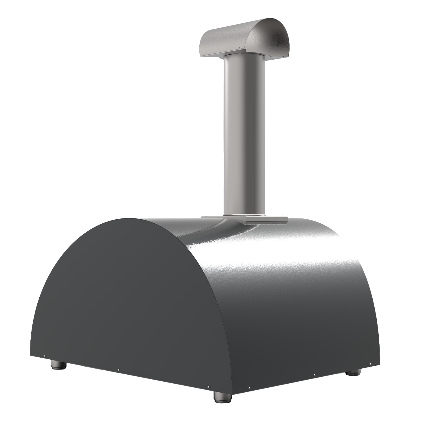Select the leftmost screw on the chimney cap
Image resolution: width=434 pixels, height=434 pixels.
click(205, 54)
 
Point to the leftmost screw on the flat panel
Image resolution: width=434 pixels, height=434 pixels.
click(45, 356)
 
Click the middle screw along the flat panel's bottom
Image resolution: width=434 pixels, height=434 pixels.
click(118, 369)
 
